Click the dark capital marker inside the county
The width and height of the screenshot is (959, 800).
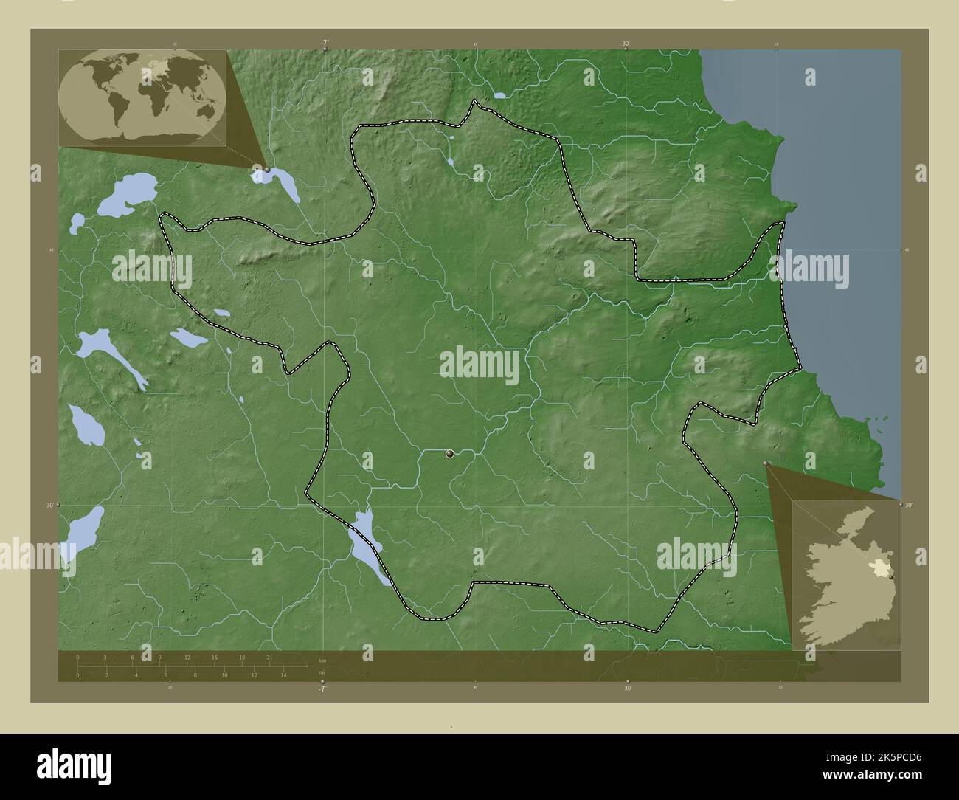pyautogui.click(x=450, y=455)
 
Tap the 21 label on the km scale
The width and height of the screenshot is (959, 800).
pyautogui.click(x=271, y=658)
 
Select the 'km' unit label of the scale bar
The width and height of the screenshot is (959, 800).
pyautogui.click(x=322, y=660)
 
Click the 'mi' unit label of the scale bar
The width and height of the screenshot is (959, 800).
pyautogui.click(x=321, y=672)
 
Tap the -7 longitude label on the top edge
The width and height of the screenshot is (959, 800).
pyautogui.click(x=324, y=44)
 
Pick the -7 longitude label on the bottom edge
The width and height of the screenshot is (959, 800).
pyautogui.click(x=321, y=689)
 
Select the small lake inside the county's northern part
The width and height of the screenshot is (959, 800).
pyautogui.click(x=449, y=160)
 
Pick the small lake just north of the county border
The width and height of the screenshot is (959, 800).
pyautogui.click(x=500, y=95)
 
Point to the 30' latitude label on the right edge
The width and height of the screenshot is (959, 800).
pyautogui.click(x=908, y=506)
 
